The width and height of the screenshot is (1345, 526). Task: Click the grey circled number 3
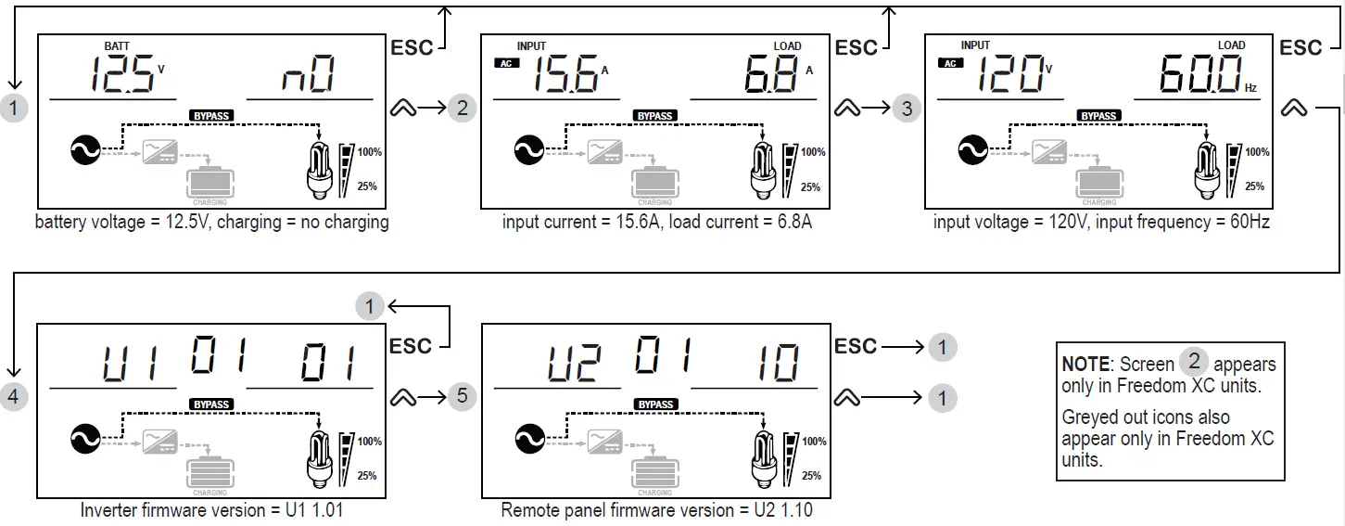[907, 109]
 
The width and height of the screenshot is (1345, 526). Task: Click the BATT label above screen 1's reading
[118, 45]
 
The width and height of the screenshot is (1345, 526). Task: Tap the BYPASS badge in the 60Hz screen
[1099, 116]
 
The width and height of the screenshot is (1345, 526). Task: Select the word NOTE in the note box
[1085, 365]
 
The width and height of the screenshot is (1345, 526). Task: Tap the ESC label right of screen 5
[856, 346]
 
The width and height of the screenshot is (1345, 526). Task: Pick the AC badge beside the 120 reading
[949, 63]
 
